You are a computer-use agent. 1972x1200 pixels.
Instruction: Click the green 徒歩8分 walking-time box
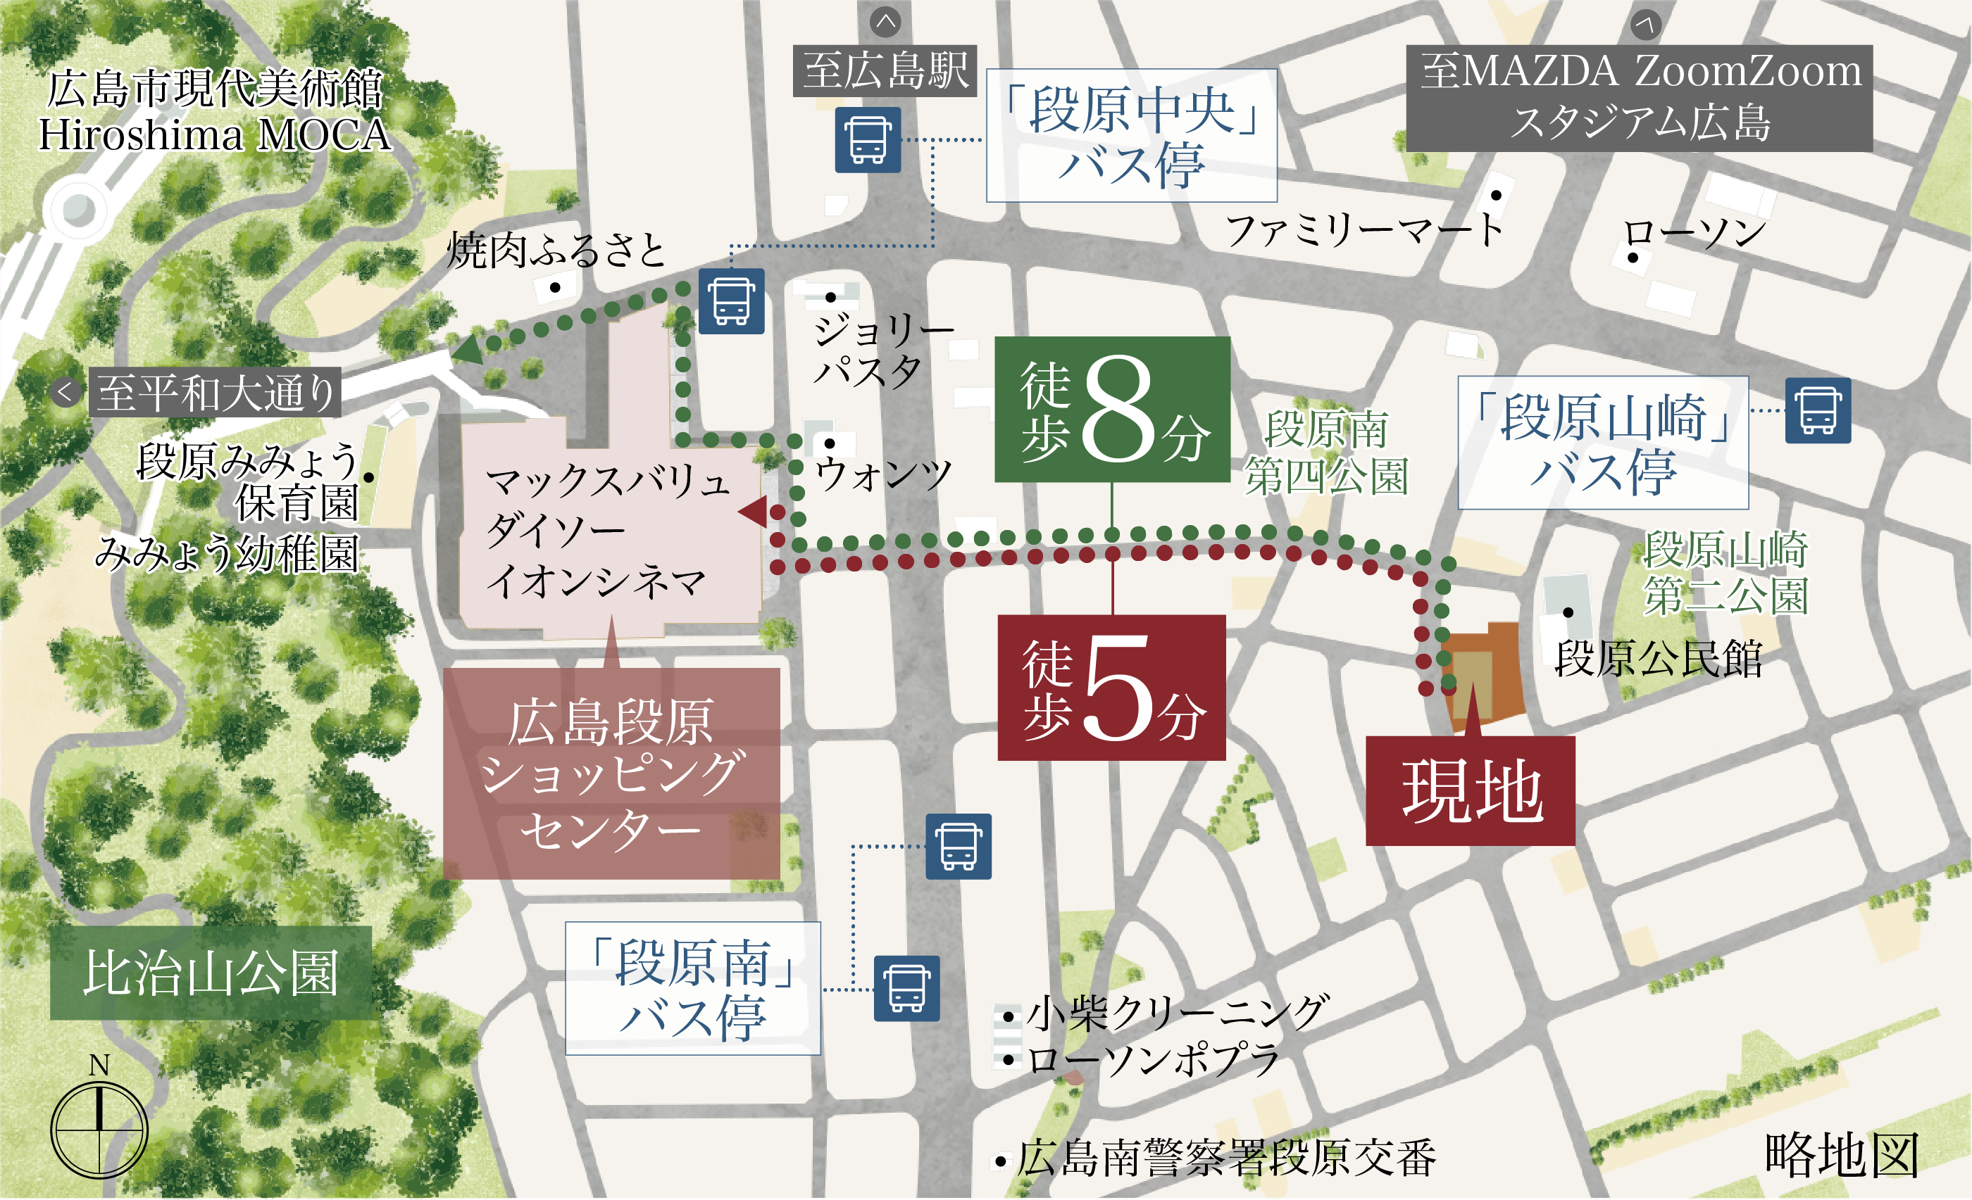1111,409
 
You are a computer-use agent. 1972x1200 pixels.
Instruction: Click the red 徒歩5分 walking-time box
1111,687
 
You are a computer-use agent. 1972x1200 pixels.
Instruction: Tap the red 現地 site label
1471,790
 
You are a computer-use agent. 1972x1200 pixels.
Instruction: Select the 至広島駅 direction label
885,70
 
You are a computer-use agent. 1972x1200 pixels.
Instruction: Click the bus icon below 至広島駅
868,140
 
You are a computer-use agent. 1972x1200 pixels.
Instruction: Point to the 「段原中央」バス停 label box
1131,135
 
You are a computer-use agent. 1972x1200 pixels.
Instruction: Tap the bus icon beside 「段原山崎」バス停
1818,410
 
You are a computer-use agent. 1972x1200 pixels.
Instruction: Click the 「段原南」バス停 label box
692,988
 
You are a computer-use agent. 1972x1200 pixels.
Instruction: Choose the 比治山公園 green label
211,973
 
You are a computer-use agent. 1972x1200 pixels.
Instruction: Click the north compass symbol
99,1129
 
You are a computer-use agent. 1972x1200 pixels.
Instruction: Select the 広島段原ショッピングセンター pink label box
611,773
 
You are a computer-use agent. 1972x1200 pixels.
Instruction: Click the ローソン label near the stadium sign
1695,234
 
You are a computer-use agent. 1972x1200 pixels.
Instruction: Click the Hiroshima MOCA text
215,134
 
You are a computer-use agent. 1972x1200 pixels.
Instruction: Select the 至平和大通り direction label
215,392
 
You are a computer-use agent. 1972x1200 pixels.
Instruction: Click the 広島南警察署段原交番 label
1226,1158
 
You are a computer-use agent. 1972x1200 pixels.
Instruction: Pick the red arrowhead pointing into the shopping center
753,511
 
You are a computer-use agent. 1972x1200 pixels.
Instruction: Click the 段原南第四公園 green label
1326,453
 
